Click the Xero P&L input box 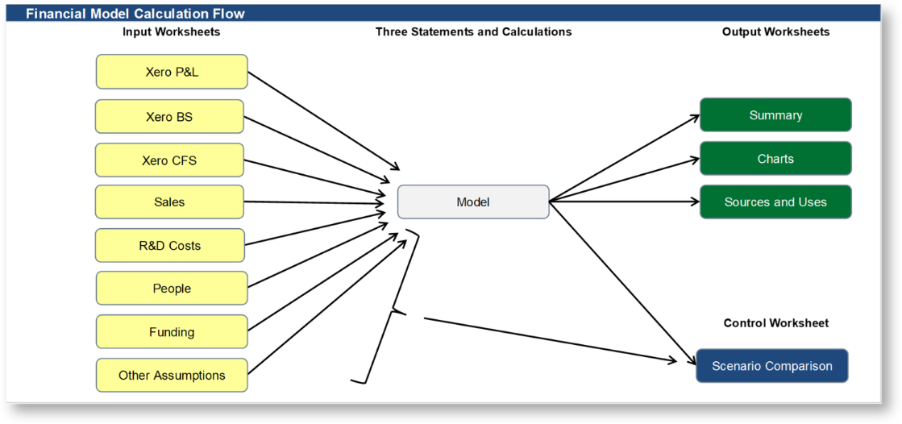tap(172, 72)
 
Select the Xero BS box tap(169, 117)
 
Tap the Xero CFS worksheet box tap(169, 160)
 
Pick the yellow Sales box tap(169, 202)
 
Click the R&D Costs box tap(169, 246)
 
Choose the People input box tap(172, 289)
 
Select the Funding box tap(172, 332)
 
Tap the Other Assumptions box tap(172, 376)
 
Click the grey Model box tap(473, 202)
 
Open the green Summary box tap(775, 115)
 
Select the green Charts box tap(775, 159)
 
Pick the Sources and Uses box tap(775, 202)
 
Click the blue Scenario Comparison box tap(772, 366)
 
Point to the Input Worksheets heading tap(171, 32)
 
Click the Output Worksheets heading tap(775, 32)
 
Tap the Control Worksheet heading tap(775, 323)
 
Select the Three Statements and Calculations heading tap(473, 32)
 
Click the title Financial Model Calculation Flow tap(135, 14)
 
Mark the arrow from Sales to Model tap(314, 202)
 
